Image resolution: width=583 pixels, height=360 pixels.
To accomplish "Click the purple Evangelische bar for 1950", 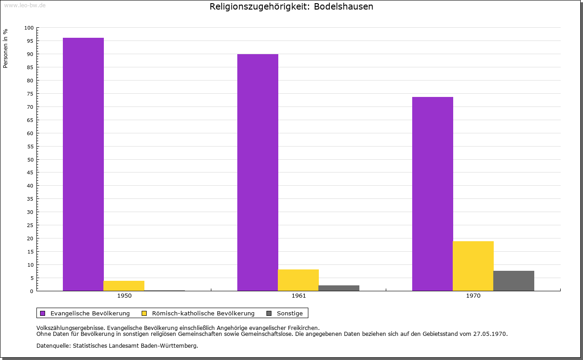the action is point(83,164).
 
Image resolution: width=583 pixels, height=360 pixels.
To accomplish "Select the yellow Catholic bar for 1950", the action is point(124,286).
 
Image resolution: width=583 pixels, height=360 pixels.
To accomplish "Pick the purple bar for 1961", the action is point(258,172).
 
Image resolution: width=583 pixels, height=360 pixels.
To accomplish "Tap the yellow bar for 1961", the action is point(298,280).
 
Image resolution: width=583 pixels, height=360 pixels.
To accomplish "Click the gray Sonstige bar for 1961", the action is point(339,288).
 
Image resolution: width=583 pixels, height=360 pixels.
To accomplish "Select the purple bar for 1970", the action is point(433,194).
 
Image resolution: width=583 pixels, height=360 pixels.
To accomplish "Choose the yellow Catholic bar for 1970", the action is point(473,266).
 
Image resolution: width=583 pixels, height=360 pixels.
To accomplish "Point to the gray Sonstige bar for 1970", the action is point(514,281).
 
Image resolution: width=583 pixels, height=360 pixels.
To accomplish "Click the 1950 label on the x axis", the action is point(124,296).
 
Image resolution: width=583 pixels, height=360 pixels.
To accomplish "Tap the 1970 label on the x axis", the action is point(473,296).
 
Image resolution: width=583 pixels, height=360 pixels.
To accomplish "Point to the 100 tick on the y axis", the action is point(29,28).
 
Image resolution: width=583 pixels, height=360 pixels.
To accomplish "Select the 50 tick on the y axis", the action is point(30,160).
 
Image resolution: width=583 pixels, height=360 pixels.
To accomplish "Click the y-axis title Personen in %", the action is point(5,48).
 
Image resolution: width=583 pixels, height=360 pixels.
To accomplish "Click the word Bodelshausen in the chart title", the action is point(343,6).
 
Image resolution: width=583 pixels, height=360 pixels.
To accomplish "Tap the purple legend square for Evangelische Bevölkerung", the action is point(43,314).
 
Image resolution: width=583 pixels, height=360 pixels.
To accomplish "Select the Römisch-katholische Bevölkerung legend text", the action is point(203,314).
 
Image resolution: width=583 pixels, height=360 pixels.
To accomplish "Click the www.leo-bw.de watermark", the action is point(25,5).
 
